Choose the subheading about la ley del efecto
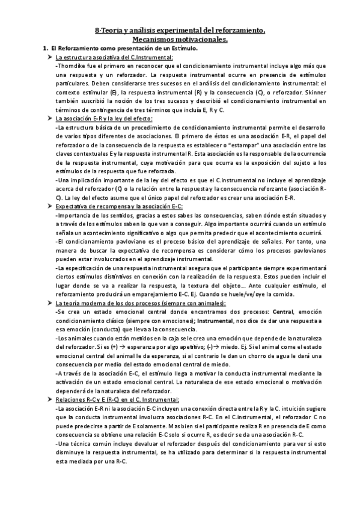coord(103,119)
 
